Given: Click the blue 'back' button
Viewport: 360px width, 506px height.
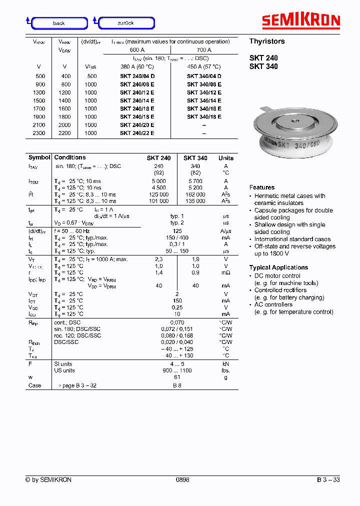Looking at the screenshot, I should [x=59, y=23].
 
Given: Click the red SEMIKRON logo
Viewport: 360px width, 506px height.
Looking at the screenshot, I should [x=301, y=20].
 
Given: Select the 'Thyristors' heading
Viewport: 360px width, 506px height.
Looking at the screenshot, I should [x=267, y=41].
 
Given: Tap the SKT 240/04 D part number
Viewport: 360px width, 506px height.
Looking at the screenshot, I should [x=136, y=76].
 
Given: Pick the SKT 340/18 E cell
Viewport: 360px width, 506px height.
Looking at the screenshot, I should [x=204, y=116].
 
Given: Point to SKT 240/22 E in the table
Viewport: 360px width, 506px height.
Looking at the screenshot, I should [x=136, y=133].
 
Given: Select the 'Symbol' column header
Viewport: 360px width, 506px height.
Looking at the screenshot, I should [x=39, y=157].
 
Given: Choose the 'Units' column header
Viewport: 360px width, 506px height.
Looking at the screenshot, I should [x=226, y=158].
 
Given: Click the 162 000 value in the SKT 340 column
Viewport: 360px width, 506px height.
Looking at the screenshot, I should [x=195, y=194].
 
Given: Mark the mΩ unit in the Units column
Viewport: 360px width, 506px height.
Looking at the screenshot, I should [x=226, y=272].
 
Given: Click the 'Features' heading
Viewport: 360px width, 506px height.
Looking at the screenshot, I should [x=262, y=187].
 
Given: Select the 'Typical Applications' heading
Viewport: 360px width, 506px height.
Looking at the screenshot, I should [x=278, y=267].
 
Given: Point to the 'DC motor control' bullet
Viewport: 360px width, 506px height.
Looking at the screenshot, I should [x=277, y=276].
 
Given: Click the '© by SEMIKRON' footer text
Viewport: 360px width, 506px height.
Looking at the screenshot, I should [x=48, y=479].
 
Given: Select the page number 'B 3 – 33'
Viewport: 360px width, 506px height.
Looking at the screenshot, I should [x=328, y=479].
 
